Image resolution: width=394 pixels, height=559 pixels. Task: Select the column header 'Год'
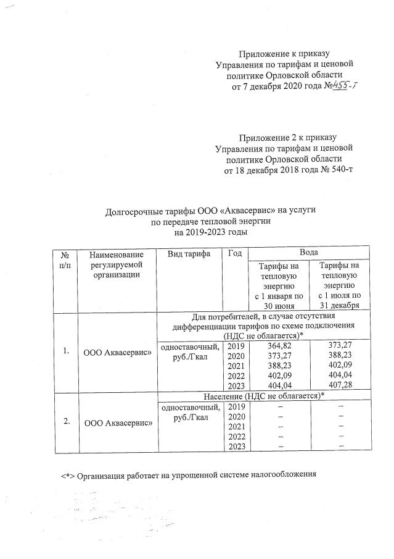pos(234,254)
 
